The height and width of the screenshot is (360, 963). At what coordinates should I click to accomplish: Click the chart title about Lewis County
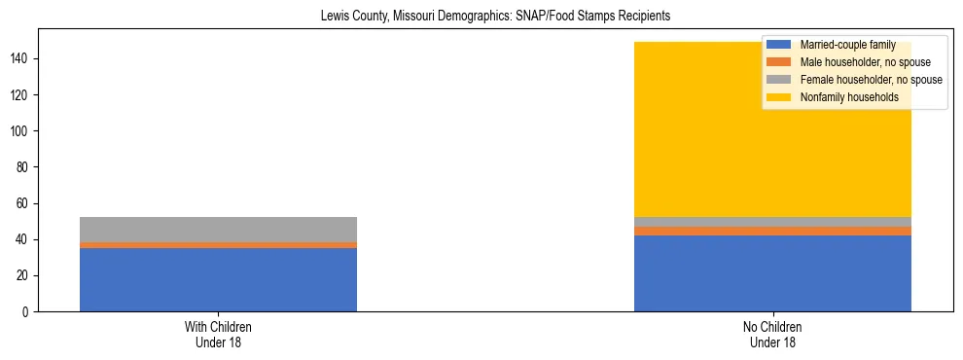click(x=495, y=17)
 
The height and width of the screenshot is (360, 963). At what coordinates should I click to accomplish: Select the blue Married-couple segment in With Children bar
click(x=218, y=279)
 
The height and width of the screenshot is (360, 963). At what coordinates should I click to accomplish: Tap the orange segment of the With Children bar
click(x=218, y=245)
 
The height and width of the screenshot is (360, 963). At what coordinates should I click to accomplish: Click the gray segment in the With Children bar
click(x=218, y=229)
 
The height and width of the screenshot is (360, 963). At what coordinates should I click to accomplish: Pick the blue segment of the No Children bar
click(x=772, y=273)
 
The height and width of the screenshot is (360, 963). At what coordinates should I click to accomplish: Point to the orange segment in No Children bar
click(x=772, y=231)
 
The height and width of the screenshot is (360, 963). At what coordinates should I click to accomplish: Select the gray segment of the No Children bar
click(x=772, y=222)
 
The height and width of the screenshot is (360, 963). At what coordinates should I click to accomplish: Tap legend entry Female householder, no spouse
click(x=870, y=80)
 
